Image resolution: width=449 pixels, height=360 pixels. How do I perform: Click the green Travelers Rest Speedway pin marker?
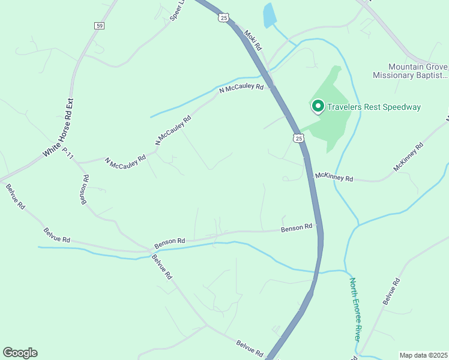point(318,106)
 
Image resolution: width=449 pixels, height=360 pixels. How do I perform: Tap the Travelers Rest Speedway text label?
point(373,107)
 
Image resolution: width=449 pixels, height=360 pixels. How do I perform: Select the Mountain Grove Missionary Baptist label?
point(411,71)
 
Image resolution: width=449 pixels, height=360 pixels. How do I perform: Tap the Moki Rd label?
point(254,39)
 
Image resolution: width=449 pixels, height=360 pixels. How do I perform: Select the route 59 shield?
point(100,25)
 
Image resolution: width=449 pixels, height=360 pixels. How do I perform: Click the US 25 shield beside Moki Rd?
point(224,19)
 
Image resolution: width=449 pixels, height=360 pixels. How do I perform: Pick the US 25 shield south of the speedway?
point(299,139)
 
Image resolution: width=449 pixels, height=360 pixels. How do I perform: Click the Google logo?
point(20,353)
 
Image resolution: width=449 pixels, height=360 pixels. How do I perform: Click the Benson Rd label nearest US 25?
point(297,227)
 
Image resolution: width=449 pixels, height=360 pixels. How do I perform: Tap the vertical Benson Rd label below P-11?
point(85,189)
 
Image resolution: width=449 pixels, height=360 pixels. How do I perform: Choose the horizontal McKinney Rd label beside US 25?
point(334,178)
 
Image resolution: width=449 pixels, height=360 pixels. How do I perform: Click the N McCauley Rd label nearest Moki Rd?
point(241,88)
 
